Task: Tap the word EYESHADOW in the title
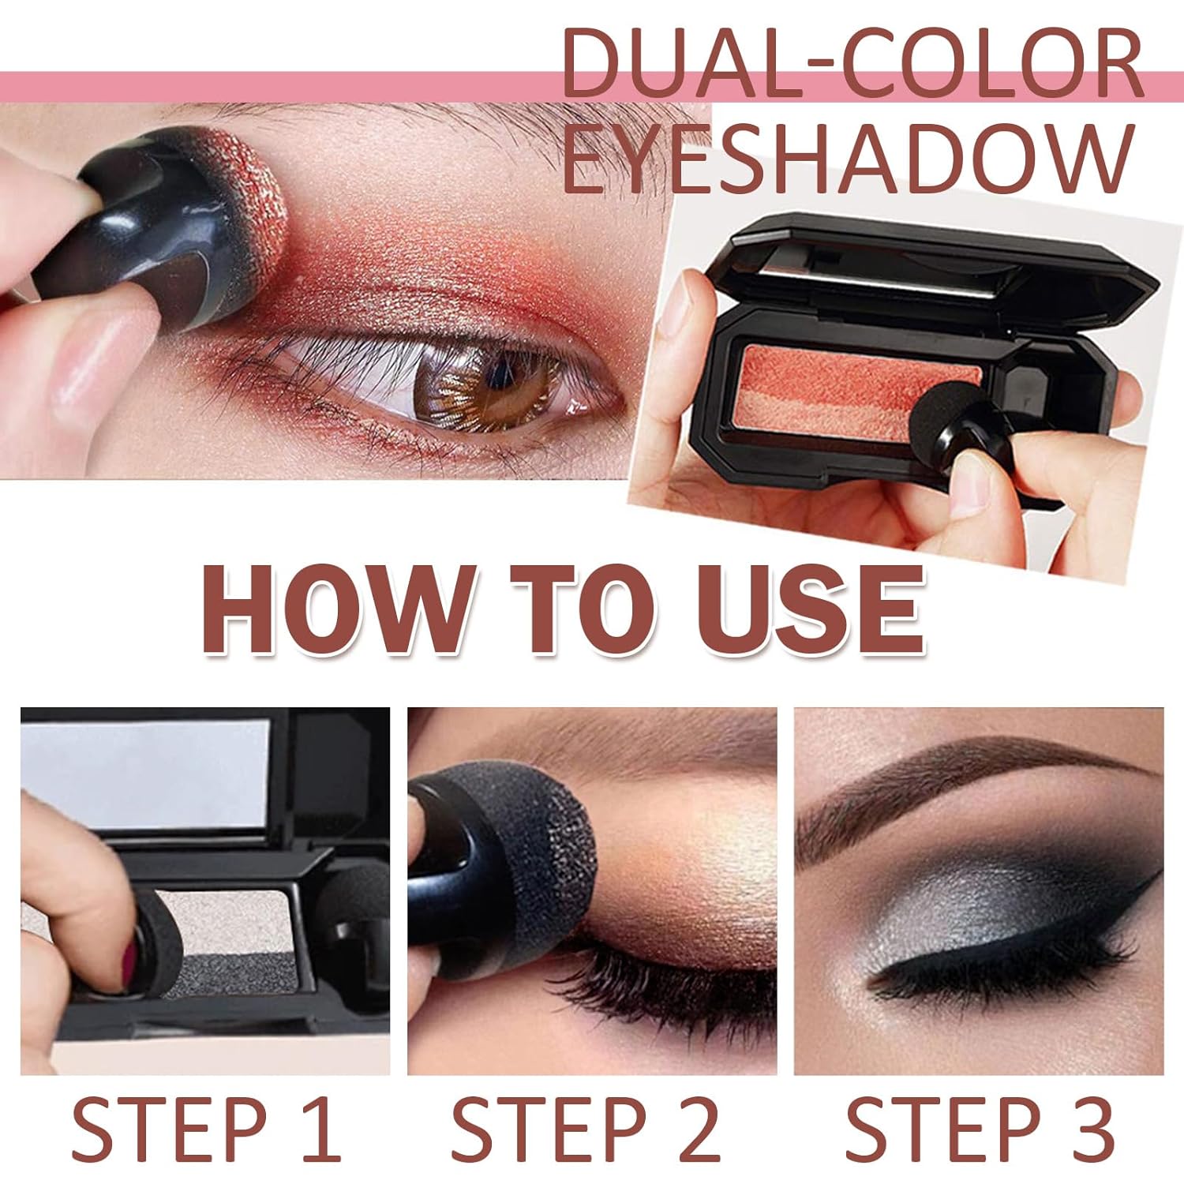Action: [x=848, y=158]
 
